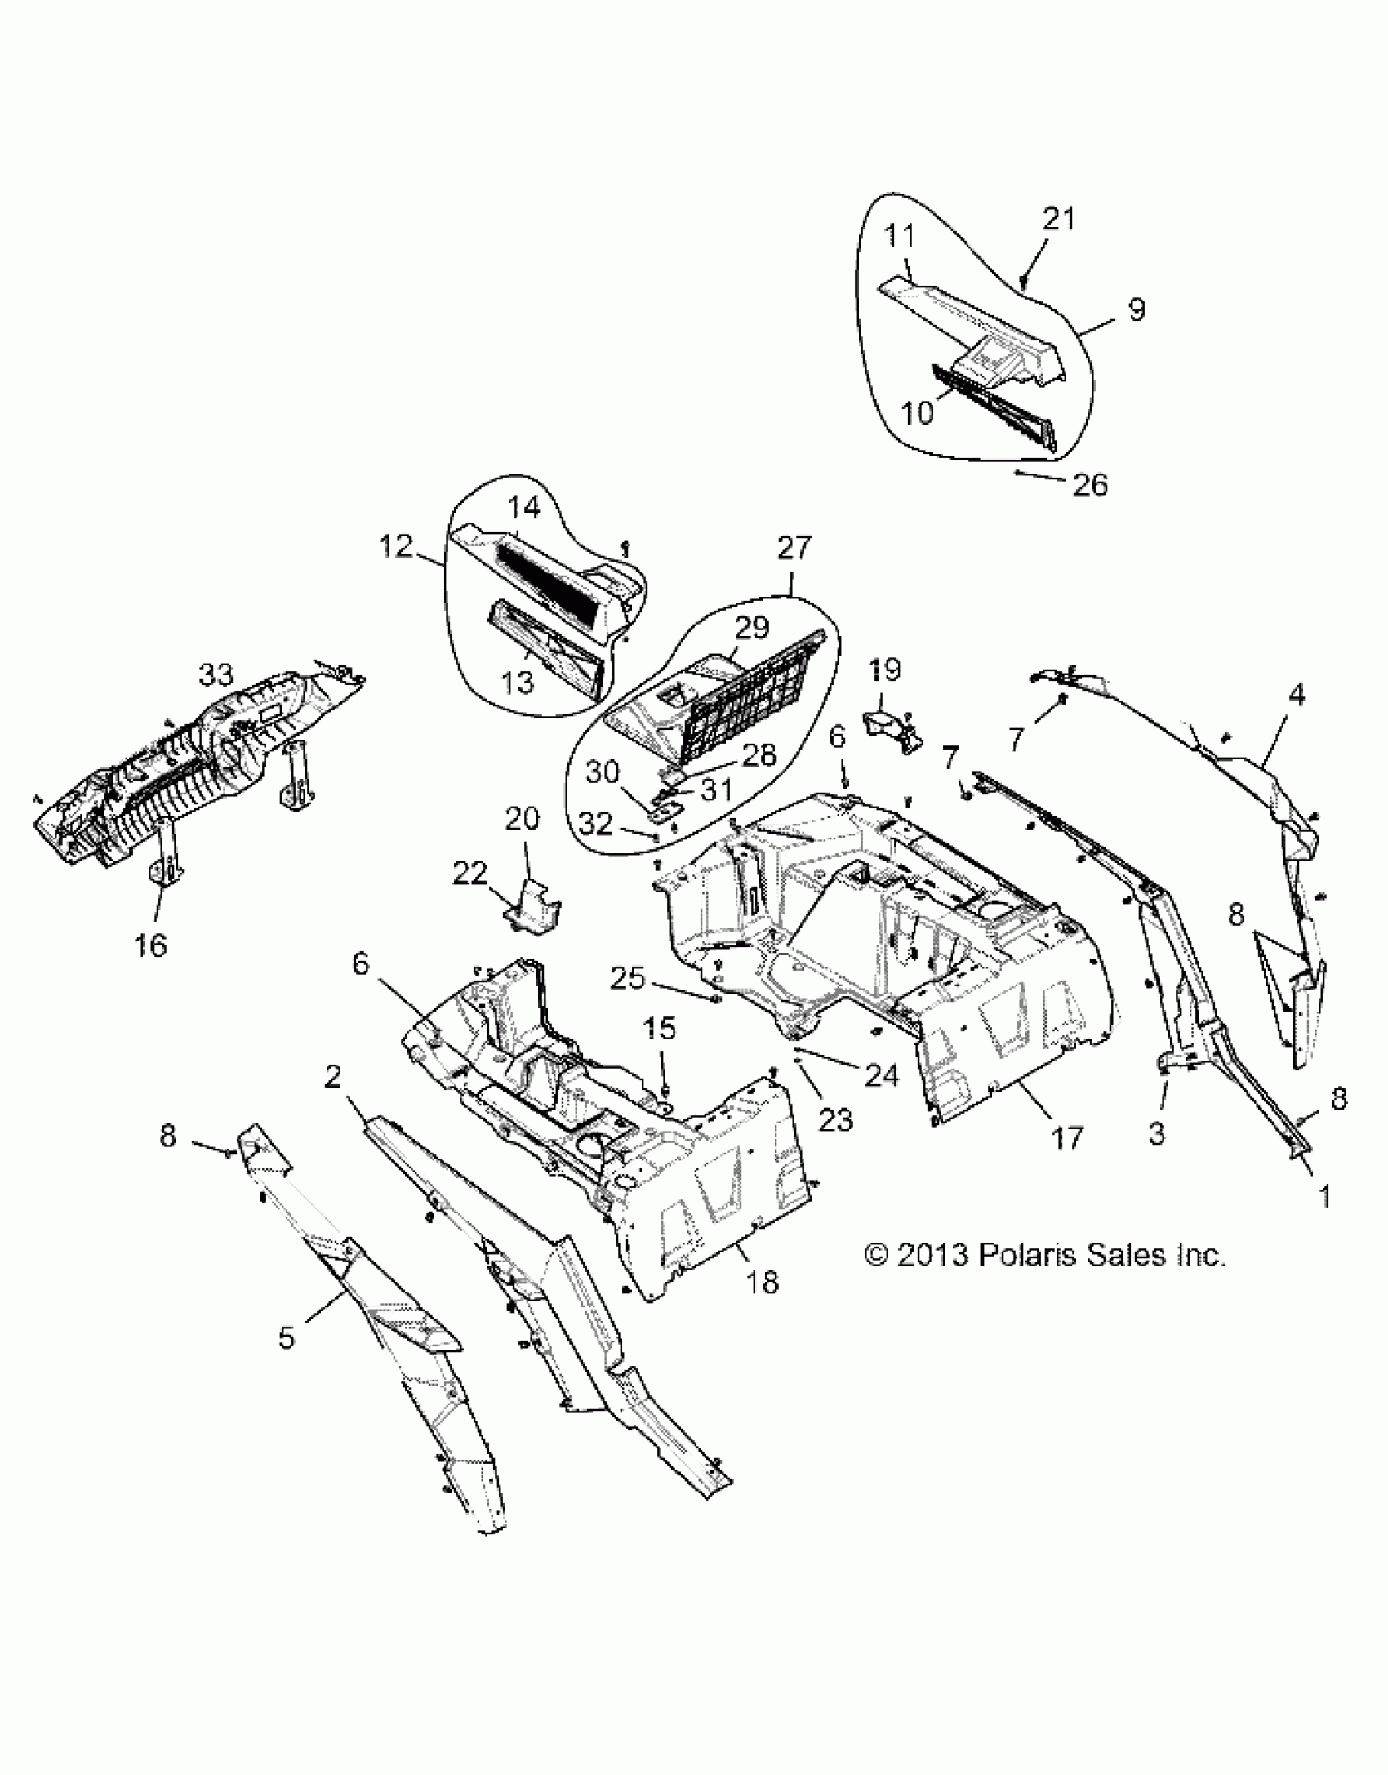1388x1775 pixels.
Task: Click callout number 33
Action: pyautogui.click(x=216, y=674)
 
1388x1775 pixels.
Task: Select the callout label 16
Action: pyautogui.click(x=151, y=945)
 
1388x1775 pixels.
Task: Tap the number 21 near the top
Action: pyautogui.click(x=1058, y=219)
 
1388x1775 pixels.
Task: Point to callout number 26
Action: pyautogui.click(x=1090, y=484)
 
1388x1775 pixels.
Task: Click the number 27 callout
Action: pyautogui.click(x=794, y=547)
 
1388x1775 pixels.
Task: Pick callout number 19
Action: pyautogui.click(x=884, y=670)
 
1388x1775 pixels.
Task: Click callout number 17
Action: pyautogui.click(x=1066, y=1137)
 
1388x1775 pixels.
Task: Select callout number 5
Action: pyautogui.click(x=286, y=1337)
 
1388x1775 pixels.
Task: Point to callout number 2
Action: pyautogui.click(x=331, y=1078)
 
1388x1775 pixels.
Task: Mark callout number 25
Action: pyautogui.click(x=627, y=978)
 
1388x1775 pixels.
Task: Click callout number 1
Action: pyautogui.click(x=1324, y=1197)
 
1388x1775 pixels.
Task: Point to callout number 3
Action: pyautogui.click(x=1156, y=1134)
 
